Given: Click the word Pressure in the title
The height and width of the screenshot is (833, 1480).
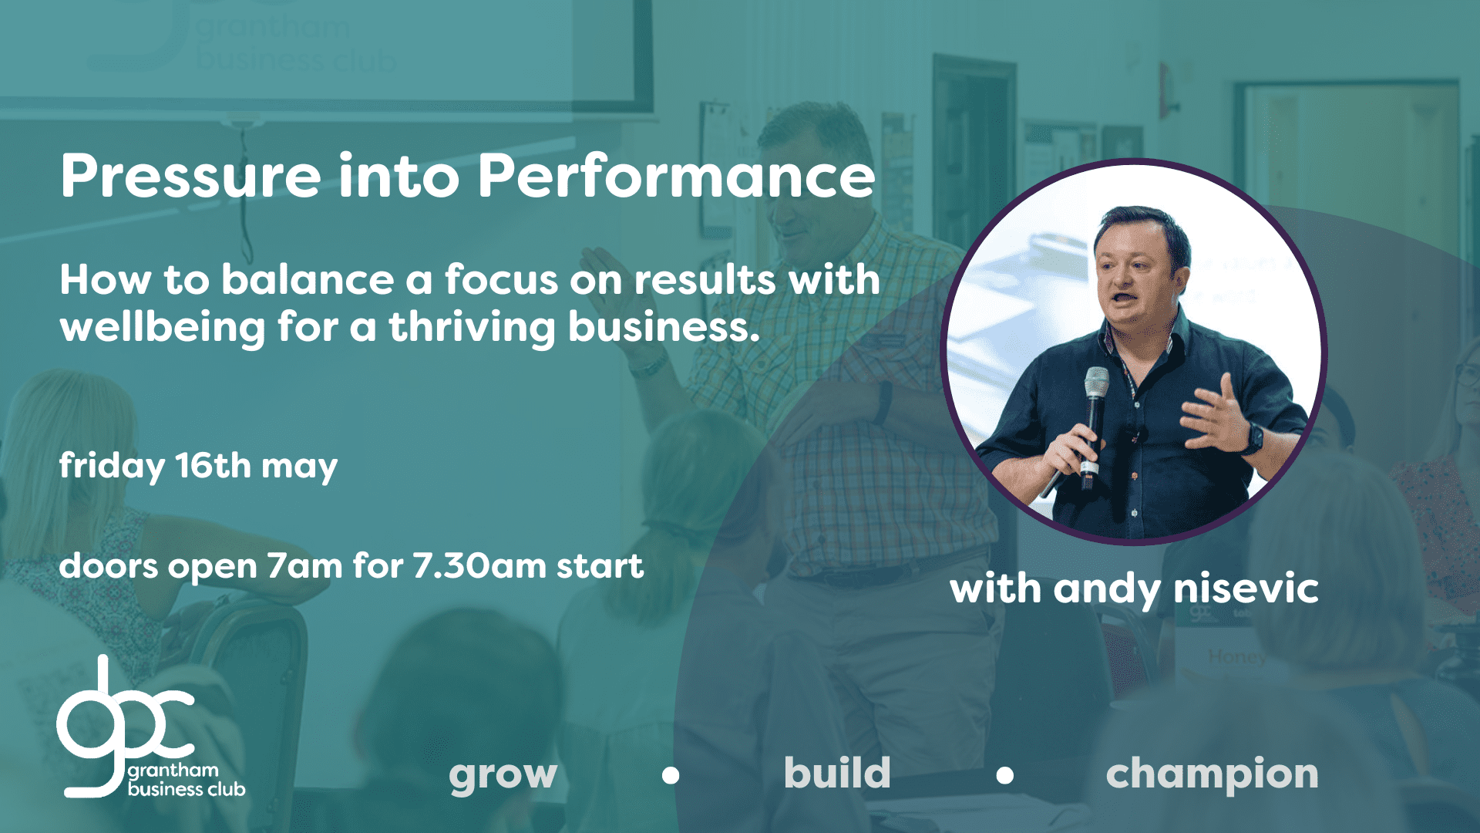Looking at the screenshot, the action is pyautogui.click(x=190, y=176).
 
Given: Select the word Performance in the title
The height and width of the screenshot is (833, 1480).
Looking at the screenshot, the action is pyautogui.click(x=676, y=176).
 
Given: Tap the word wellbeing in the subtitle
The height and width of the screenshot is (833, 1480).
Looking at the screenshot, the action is pyautogui.click(x=163, y=327).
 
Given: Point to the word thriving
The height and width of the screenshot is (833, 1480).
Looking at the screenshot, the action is pyautogui.click(x=472, y=327).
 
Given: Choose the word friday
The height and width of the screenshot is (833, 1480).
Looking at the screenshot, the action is pyautogui.click(x=112, y=467).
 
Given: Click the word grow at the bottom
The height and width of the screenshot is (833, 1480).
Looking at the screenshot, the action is pyautogui.click(x=503, y=774).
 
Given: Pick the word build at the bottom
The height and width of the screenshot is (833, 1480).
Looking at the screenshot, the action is pyautogui.click(x=837, y=771).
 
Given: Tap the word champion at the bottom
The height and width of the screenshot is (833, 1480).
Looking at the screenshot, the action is pyautogui.click(x=1212, y=774).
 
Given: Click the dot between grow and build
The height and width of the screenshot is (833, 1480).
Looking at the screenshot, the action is pyautogui.click(x=671, y=775).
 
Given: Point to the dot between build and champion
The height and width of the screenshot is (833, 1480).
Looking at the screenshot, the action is pyautogui.click(x=1004, y=775).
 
